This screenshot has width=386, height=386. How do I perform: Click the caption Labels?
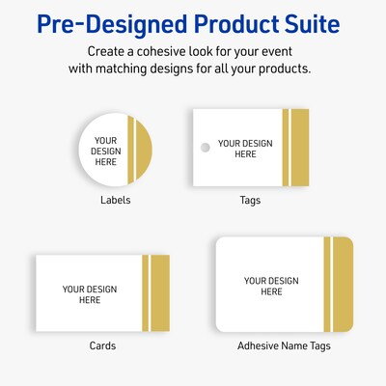[x=115, y=201]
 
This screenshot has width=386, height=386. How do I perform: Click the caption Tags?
[x=250, y=201]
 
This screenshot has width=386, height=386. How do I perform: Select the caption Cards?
[x=102, y=345]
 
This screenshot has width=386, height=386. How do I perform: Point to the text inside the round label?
[x=105, y=151]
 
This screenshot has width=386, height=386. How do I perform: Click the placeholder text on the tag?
[x=237, y=149]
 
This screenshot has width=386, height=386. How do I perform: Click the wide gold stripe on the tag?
[x=299, y=149]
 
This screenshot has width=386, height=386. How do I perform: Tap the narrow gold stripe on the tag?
[x=285, y=149]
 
